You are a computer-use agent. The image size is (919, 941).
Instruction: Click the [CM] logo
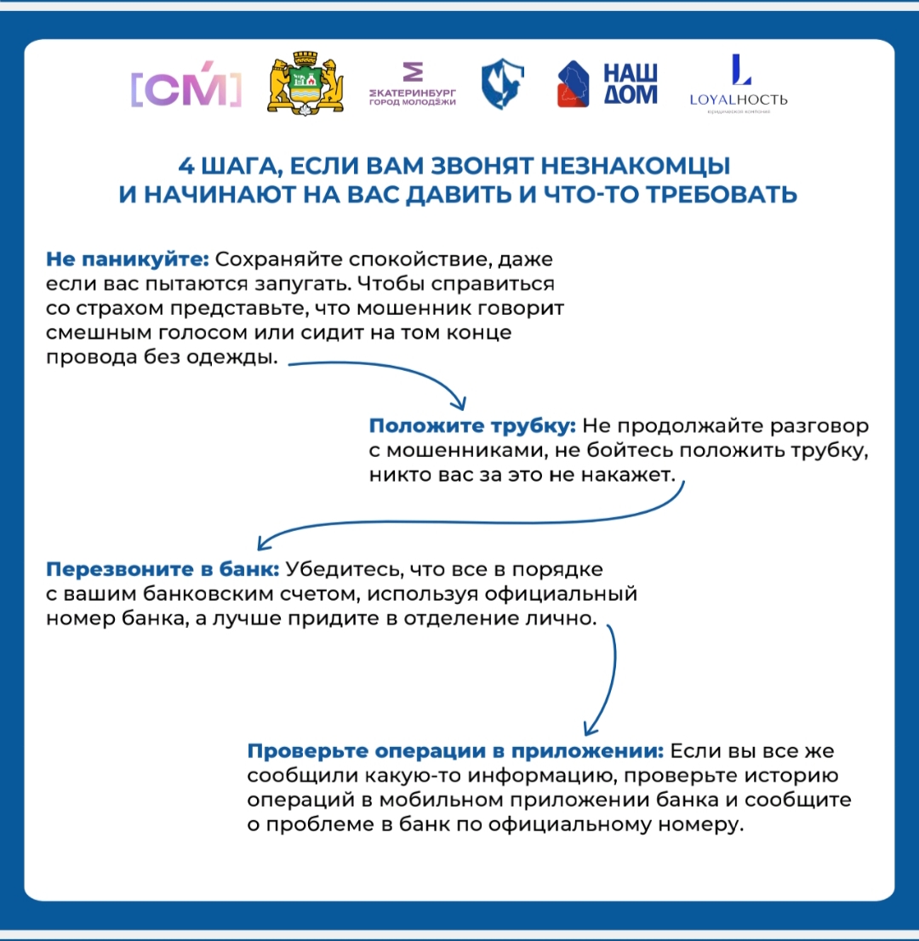pos(186,87)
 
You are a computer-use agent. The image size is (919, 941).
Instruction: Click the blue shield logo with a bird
pos(503,85)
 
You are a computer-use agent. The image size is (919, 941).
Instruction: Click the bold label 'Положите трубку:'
pos(473,426)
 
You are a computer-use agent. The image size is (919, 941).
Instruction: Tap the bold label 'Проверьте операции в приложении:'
pos(455,751)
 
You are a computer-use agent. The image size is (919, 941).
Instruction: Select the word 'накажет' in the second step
pos(630,476)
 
